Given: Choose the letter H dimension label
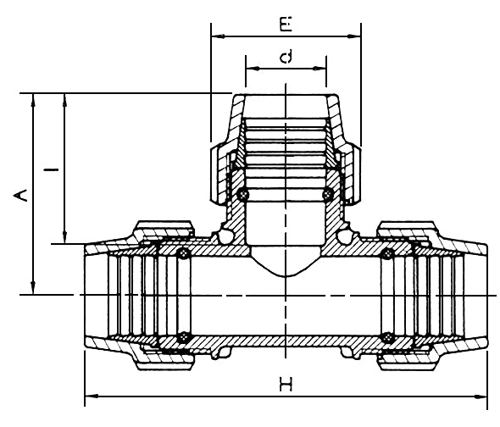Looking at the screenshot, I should click(x=286, y=385).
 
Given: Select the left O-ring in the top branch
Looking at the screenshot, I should click(x=244, y=195).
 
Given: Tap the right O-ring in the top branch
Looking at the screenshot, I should click(x=328, y=195).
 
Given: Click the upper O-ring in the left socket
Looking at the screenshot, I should click(x=181, y=253).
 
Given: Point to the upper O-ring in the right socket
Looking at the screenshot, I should click(x=390, y=253).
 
